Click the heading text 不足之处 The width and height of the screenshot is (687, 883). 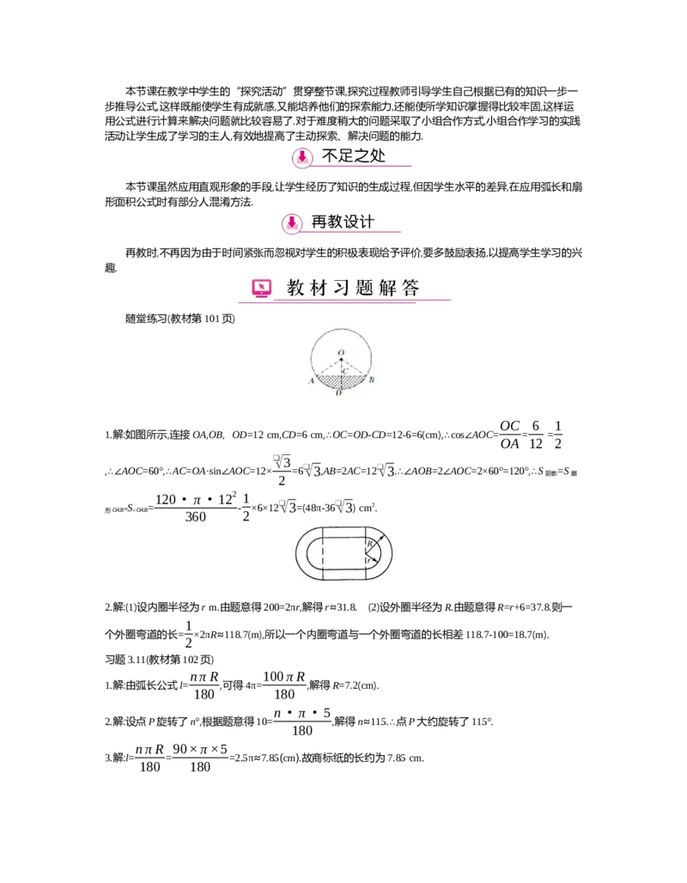pyautogui.click(x=353, y=156)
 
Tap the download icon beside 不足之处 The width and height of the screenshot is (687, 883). pyautogui.click(x=301, y=157)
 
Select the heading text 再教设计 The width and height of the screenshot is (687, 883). pyautogui.click(x=343, y=222)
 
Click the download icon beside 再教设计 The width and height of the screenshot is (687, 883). pyautogui.click(x=292, y=222)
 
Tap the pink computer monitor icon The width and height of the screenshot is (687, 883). pyautogui.click(x=262, y=288)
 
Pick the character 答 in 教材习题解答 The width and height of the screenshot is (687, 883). pyautogui.click(x=410, y=288)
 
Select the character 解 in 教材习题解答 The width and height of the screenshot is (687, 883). pyautogui.click(x=388, y=288)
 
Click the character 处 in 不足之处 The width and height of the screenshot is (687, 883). pyautogui.click(x=377, y=156)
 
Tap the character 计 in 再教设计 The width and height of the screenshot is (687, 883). pyautogui.click(x=367, y=222)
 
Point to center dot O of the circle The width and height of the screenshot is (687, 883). pyautogui.click(x=342, y=360)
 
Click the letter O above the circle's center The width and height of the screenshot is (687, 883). pyautogui.click(x=341, y=352)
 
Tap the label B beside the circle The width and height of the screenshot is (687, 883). pyautogui.click(x=371, y=380)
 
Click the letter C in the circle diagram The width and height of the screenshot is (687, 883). pyautogui.click(x=345, y=371)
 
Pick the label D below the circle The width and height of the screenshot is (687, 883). pyautogui.click(x=339, y=393)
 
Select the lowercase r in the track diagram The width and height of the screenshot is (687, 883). pyautogui.click(x=368, y=561)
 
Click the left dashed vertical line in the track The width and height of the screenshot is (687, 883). pyautogui.click(x=321, y=552)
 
